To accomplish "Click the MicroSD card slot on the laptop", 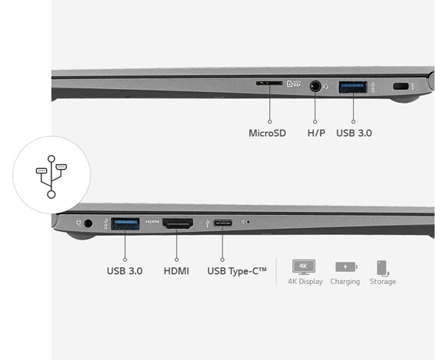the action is point(269,83).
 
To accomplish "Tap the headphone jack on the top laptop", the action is point(315,86).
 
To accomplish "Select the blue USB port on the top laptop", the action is point(353,88).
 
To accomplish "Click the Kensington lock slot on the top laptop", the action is point(401,86).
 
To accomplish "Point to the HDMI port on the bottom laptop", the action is point(178,223).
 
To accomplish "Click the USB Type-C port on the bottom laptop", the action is point(222,223).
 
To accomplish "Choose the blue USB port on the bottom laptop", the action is point(125,224).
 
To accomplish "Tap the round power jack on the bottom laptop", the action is point(88,223).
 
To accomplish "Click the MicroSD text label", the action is point(267,134).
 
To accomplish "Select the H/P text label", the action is point(316,134).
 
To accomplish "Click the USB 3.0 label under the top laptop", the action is point(354,134).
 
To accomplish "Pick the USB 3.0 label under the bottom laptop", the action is point(124,271).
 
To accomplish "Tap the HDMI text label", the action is point(176,271).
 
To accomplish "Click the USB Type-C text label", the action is point(237,271).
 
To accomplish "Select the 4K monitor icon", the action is point(304,267).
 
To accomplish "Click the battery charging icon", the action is point(346,267).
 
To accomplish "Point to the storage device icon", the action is point(383,268).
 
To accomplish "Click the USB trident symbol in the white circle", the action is point(51,177).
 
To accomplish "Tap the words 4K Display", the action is point(305,282).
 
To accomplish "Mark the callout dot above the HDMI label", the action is point(176,259).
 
